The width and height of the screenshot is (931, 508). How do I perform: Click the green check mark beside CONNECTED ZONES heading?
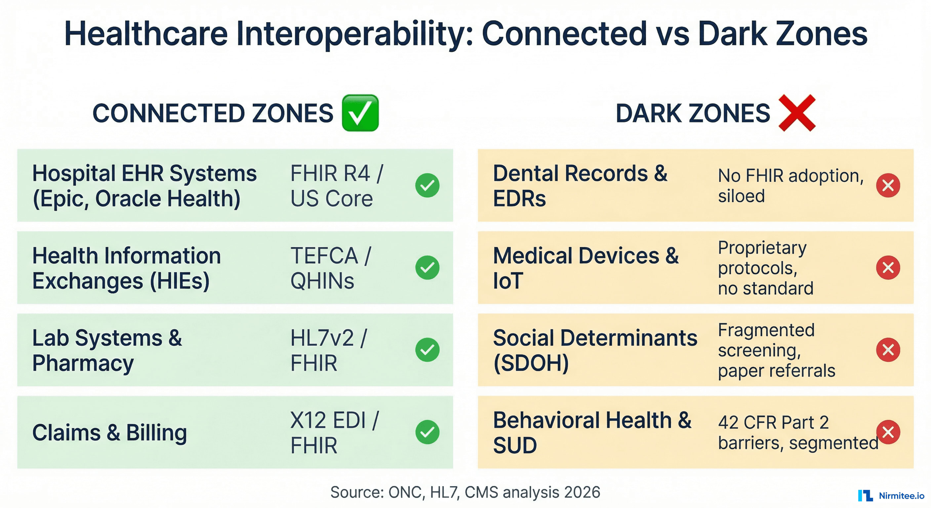pyautogui.click(x=360, y=113)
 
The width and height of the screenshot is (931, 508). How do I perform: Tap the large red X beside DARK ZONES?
pyautogui.click(x=797, y=113)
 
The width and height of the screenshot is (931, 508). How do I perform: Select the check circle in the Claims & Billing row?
pyautogui.click(x=427, y=432)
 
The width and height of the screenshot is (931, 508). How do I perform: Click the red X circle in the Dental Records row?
pyautogui.click(x=888, y=186)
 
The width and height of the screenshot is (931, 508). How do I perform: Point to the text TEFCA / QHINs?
pyautogui.click(x=331, y=268)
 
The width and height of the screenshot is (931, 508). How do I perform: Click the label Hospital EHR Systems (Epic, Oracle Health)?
pyautogui.click(x=144, y=186)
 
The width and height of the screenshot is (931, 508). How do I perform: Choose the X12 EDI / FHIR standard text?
pyautogui.click(x=334, y=433)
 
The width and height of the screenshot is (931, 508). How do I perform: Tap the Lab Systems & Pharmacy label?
pyautogui.click(x=107, y=350)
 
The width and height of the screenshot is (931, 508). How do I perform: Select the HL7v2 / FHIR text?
pyautogui.click(x=328, y=350)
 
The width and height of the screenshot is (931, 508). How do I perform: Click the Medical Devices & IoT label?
pyautogui.click(x=586, y=268)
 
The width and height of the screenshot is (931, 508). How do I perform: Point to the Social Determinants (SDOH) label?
pyautogui.click(x=595, y=350)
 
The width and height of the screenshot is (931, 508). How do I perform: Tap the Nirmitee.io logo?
pyautogui.click(x=891, y=495)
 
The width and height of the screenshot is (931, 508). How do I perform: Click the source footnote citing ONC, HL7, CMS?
pyautogui.click(x=465, y=492)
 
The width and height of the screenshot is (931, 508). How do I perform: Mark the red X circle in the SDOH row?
pyautogui.click(x=888, y=350)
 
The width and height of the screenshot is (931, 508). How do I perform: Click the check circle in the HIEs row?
pyautogui.click(x=427, y=268)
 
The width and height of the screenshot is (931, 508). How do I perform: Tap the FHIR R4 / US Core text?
pyautogui.click(x=336, y=186)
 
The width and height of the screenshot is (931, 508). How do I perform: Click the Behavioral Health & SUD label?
pyautogui.click(x=592, y=433)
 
